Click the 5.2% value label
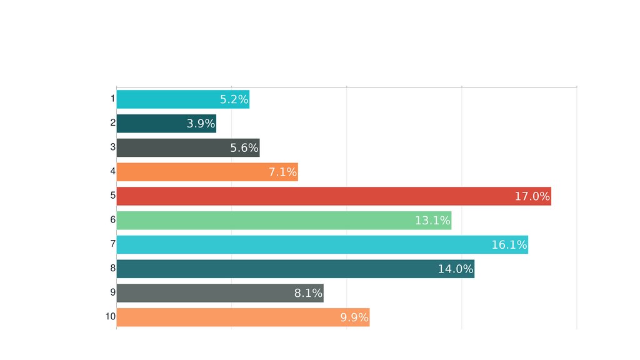[234, 99]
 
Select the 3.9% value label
[201, 124]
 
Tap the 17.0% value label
[532, 196]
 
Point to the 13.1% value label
[432, 221]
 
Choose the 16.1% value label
[509, 245]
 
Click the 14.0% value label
[456, 269]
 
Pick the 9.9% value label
[354, 317]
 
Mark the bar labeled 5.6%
[187, 148]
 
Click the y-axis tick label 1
[112, 99]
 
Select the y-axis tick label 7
[112, 244]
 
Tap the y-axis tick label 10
[111, 316]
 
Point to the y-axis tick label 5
[112, 196]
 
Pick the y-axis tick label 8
[112, 268]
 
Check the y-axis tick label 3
[112, 147]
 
